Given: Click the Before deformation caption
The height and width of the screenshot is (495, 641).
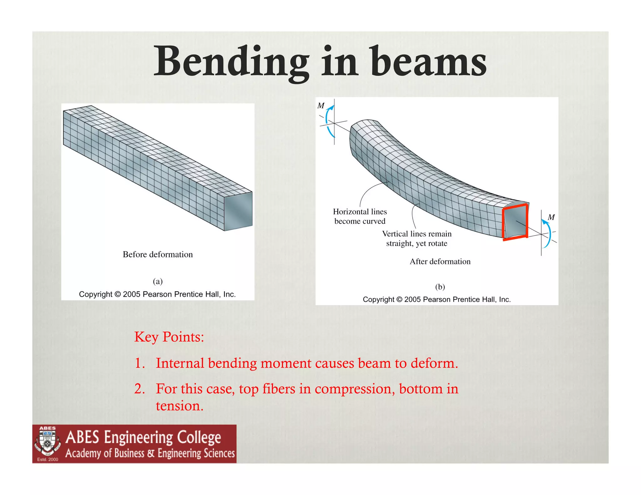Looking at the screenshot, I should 157,254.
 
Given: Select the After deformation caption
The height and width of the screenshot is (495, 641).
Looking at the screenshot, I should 440,262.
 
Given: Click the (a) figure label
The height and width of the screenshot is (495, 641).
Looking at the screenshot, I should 157,281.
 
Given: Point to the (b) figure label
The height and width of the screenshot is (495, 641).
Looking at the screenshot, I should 440,287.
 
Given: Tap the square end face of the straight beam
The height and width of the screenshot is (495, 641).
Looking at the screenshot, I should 238,211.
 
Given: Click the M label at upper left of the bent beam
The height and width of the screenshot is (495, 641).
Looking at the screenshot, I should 321,106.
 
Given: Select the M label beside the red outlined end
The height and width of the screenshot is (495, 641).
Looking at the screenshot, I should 551,217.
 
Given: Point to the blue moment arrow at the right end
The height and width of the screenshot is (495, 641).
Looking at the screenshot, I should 547,233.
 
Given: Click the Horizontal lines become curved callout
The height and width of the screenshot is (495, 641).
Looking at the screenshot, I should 360,217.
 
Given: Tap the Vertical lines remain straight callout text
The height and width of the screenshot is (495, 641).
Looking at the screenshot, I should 417,238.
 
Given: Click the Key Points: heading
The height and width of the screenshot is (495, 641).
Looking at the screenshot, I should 169,337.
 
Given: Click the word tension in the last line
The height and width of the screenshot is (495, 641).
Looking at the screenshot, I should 179,406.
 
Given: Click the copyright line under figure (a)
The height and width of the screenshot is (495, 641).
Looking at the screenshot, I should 157,294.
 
